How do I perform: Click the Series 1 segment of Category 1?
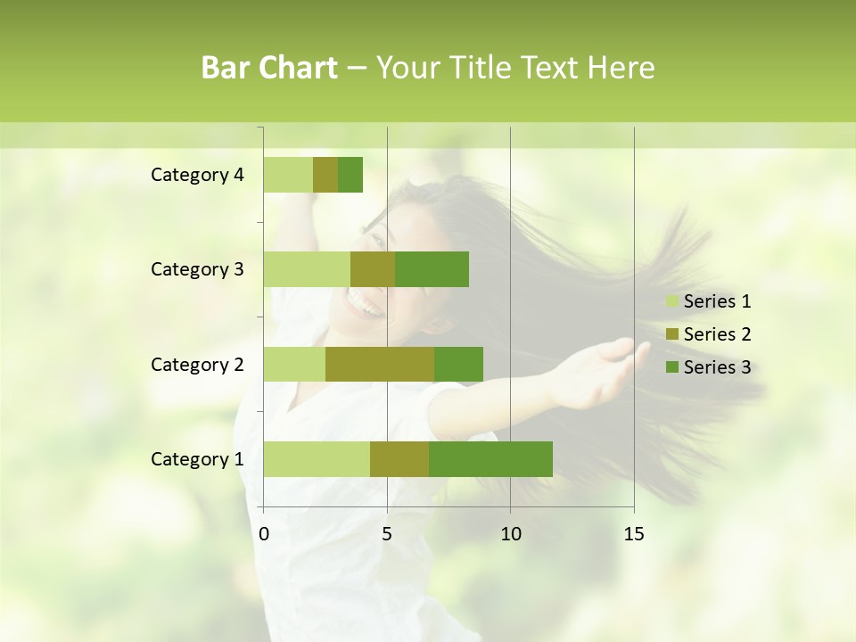click(x=317, y=459)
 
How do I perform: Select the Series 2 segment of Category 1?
click(x=399, y=459)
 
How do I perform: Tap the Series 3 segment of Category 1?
click(x=490, y=459)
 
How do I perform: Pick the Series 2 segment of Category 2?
click(x=380, y=364)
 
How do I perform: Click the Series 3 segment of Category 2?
click(x=458, y=364)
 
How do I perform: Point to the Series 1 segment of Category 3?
click(x=307, y=269)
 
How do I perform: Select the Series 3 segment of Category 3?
click(x=432, y=269)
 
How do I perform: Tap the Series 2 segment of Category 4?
click(x=325, y=175)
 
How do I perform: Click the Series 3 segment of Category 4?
click(x=350, y=175)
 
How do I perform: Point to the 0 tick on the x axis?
click(x=264, y=534)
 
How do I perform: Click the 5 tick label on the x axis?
click(x=387, y=534)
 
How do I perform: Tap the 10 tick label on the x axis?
click(x=510, y=534)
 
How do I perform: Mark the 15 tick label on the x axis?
click(x=633, y=534)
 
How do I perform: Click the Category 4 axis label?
click(x=197, y=175)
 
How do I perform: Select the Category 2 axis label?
click(x=197, y=365)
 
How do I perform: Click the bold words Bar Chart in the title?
click(x=269, y=68)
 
